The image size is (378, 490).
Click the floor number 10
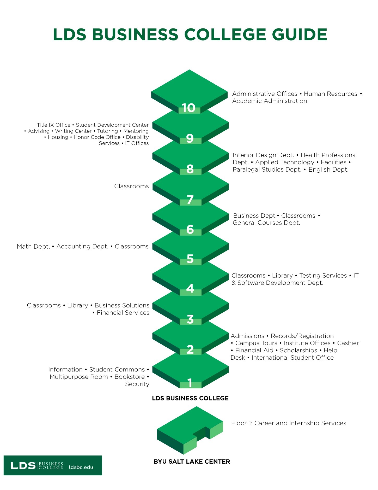click(x=188, y=108)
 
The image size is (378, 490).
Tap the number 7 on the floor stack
click(x=190, y=200)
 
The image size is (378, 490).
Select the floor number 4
click(x=190, y=288)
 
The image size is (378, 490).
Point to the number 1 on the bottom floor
click(x=190, y=383)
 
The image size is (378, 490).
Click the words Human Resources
click(x=331, y=94)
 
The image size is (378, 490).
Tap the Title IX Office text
click(x=53, y=125)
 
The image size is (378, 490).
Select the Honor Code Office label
click(x=97, y=137)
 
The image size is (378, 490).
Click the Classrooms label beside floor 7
click(x=131, y=186)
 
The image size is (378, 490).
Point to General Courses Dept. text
click(x=266, y=223)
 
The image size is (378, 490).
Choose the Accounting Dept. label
click(x=82, y=247)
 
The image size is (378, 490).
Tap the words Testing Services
click(x=323, y=276)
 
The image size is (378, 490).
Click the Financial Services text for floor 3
click(x=123, y=313)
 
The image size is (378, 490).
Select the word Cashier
click(x=348, y=343)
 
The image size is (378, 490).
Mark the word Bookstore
click(x=130, y=377)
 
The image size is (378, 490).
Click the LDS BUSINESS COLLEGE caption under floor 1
click(x=190, y=398)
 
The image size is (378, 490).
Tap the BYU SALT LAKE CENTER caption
click(x=192, y=462)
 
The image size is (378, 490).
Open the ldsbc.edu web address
click(x=81, y=467)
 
